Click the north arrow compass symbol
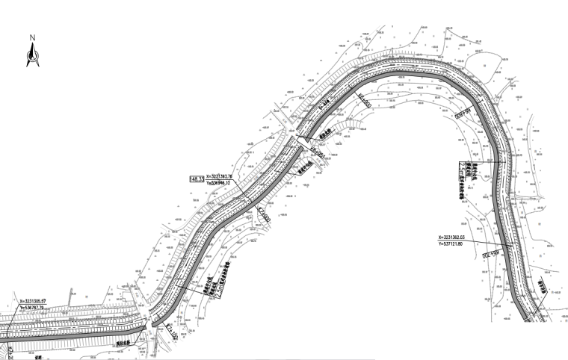coord(33,55)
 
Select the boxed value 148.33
coord(197,179)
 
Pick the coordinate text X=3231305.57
coord(38,301)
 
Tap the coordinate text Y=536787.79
coord(37,307)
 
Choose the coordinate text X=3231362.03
coord(462,238)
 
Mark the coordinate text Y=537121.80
coord(462,243)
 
